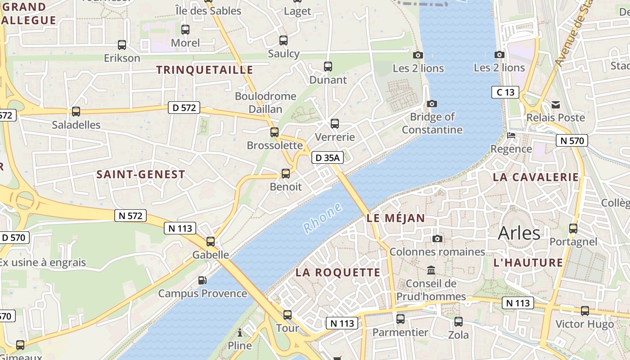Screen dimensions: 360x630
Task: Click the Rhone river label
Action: coord(322,218)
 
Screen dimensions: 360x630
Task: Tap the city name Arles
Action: coord(519,233)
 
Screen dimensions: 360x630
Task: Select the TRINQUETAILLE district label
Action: coord(205,70)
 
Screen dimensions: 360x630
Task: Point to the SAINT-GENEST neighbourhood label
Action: coord(141,175)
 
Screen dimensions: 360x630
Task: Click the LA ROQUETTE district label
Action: coord(338,273)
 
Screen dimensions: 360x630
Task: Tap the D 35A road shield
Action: coord(328,157)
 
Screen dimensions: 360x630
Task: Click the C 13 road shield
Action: coord(505,93)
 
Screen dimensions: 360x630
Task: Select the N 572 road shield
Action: coord(130,216)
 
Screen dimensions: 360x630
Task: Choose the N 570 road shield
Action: coord(571,141)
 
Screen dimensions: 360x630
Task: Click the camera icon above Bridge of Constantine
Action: coord(432,104)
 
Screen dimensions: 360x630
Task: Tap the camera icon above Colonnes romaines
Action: coord(437,238)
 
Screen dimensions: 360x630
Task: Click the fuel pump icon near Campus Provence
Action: coord(202,280)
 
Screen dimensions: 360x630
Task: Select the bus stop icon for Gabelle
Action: coord(211,242)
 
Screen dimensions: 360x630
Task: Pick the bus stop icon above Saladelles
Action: coord(76,112)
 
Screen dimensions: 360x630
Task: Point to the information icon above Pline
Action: coord(240,333)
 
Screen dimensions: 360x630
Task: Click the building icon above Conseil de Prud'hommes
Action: coord(431,270)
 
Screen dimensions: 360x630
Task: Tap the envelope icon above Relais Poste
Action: coord(556,105)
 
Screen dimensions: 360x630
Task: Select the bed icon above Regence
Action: coord(511,135)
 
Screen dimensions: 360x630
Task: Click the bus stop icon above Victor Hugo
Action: coord(585,310)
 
